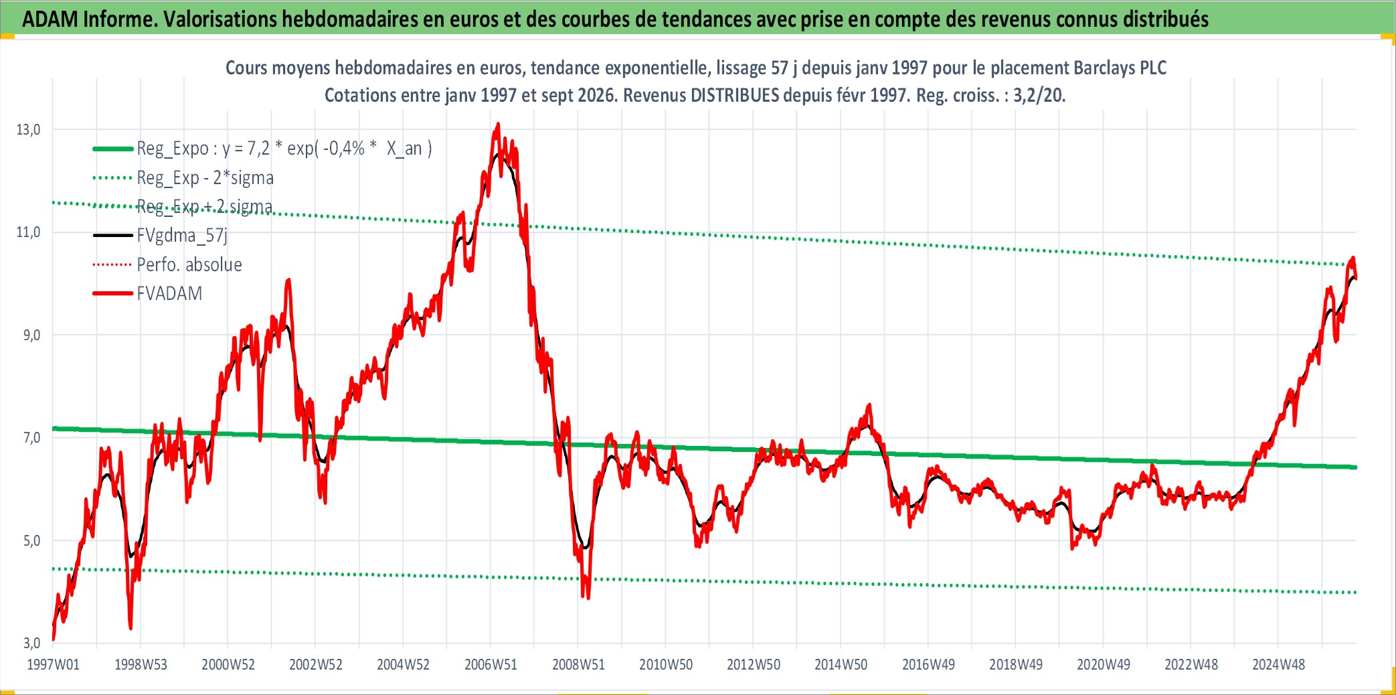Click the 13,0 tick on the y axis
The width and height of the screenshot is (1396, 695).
(x=28, y=130)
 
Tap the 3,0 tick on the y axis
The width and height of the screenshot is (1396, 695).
(x=31, y=643)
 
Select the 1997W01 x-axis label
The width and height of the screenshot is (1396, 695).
(x=53, y=665)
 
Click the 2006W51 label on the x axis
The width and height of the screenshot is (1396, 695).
(x=491, y=665)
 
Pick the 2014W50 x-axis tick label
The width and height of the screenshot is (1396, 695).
(x=841, y=665)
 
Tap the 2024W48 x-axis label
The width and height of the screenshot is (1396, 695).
(x=1278, y=665)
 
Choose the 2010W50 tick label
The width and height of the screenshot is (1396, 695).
(x=666, y=665)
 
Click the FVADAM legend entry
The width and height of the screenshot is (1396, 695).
(x=169, y=294)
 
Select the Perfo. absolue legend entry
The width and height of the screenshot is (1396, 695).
(x=189, y=264)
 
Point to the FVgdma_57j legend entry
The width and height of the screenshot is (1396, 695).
(x=182, y=236)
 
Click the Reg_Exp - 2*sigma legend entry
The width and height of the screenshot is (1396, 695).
(x=205, y=178)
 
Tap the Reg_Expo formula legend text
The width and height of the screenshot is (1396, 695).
(x=284, y=149)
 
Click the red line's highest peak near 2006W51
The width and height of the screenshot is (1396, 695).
(x=497, y=124)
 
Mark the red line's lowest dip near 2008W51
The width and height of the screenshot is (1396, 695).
(x=588, y=598)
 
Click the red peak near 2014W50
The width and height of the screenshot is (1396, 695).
(x=869, y=404)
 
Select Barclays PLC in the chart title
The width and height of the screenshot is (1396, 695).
(x=1120, y=68)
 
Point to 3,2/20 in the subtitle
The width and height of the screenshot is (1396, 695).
(x=1039, y=96)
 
